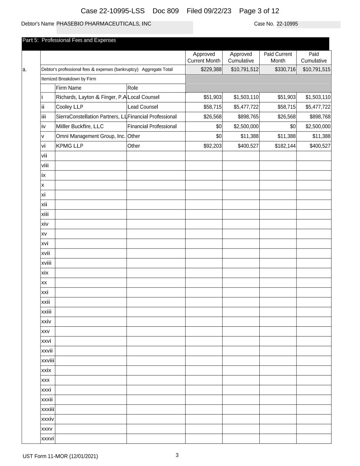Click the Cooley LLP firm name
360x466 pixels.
coord(70,107)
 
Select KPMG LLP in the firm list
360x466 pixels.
coord(70,146)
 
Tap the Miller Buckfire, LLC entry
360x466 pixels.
coord(80,126)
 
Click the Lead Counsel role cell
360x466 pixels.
coord(143,107)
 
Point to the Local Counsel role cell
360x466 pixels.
coord(143,97)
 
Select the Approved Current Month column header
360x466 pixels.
coord(204,57)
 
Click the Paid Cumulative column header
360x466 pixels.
coord(314,57)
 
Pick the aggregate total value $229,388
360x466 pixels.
coord(211,70)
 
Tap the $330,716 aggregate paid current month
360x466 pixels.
coord(285,70)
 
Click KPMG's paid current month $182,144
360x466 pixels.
coord(285,146)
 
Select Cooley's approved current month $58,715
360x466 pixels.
coord(213,107)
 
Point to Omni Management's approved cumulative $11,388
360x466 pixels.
coord(250,136)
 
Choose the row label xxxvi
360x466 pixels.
coord(47,439)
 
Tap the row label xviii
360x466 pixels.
coord(46,263)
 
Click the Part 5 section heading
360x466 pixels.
coord(69,40)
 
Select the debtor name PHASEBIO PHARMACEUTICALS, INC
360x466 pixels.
coord(104,24)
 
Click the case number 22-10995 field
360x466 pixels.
coord(287,24)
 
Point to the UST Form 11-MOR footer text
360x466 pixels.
coord(60,456)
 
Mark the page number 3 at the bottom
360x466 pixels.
coord(177,455)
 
